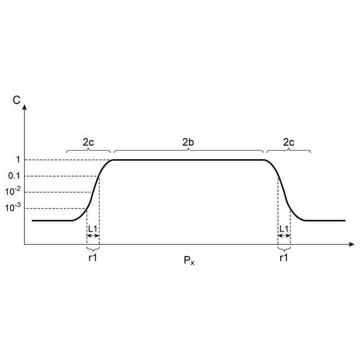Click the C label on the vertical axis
tap(16, 100)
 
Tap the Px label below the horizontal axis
tap(189, 260)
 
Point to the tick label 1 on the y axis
tap(18, 159)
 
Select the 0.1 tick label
tap(14, 176)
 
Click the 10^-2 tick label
tap(13, 191)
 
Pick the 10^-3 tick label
tap(13, 208)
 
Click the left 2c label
tap(88, 142)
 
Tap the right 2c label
tap(289, 142)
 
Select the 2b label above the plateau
tap(188, 142)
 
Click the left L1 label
tap(93, 229)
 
